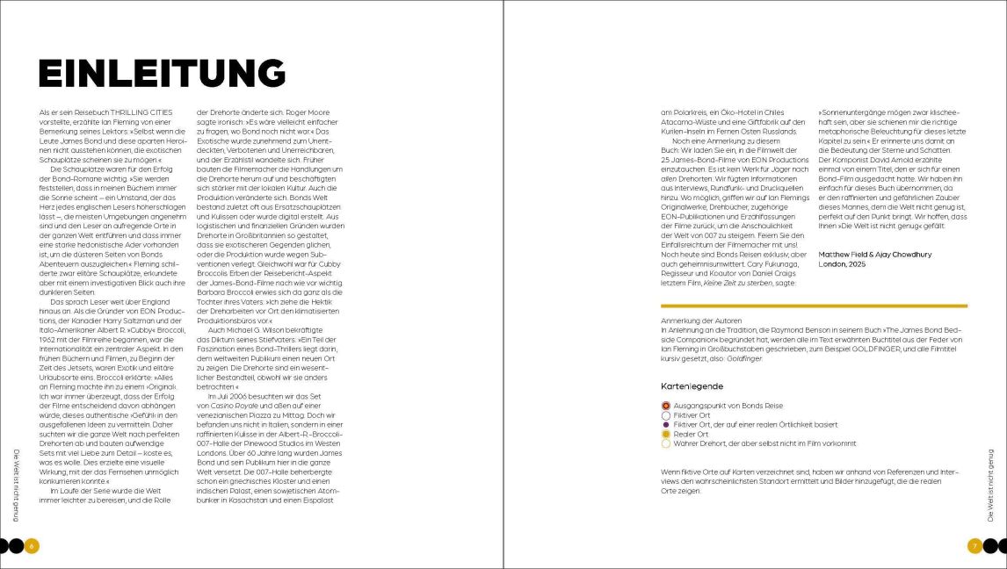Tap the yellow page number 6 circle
pos(31,546)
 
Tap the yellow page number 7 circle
pos(974,546)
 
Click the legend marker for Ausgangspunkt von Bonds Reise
pos(666,406)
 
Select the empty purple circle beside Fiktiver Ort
pos(666,415)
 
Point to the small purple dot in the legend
pos(666,425)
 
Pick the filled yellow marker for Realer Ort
pos(666,434)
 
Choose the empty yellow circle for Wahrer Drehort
pos(666,443)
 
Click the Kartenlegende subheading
pos(692,386)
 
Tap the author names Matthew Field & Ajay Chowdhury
pos(874,255)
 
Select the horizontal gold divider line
pos(814,306)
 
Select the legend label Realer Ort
pos(691,434)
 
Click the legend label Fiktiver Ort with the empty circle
pos(692,415)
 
